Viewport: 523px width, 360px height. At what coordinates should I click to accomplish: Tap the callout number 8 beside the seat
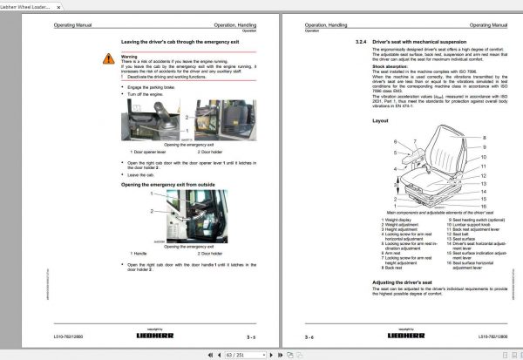[x=485, y=138]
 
